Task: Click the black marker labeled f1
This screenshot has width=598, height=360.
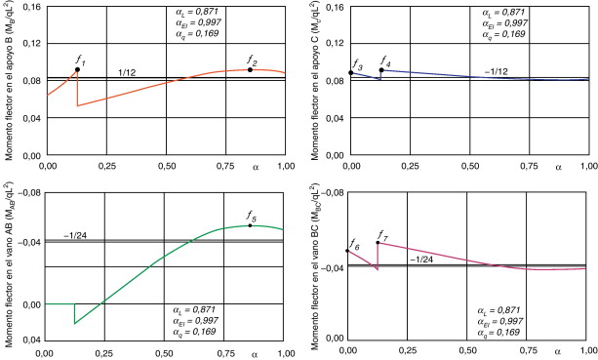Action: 77,70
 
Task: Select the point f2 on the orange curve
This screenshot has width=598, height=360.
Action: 251,69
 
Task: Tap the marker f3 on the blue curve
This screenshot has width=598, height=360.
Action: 351,73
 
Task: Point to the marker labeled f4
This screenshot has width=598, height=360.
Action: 381,70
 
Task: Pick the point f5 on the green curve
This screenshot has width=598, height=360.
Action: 250,225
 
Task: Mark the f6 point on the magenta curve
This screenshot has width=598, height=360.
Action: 347,252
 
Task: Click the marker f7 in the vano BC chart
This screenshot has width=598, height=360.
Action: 378,242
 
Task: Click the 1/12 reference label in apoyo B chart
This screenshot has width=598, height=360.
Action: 127,73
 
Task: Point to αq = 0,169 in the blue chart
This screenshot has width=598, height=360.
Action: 504,34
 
